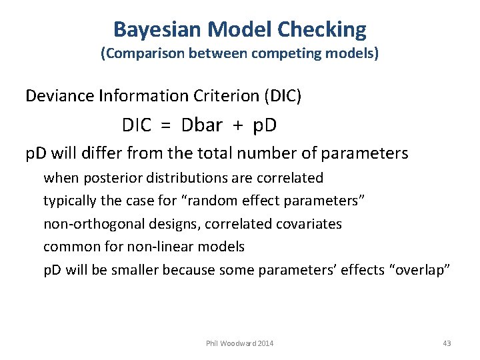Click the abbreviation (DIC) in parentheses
tap(283, 96)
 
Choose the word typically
tap(69, 201)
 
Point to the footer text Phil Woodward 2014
tap(240, 343)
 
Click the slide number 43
tap(447, 343)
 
